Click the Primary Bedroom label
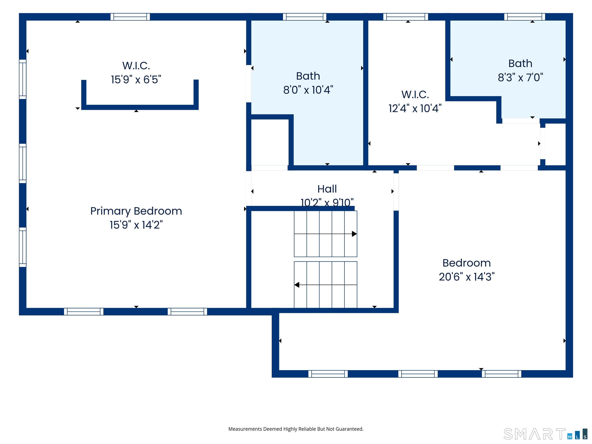(136, 211)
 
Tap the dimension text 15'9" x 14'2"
(136, 225)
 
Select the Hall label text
(327, 189)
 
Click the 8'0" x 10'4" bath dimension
(308, 90)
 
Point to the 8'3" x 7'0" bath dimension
(520, 77)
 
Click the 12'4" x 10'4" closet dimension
(415, 108)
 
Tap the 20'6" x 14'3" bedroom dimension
(467, 277)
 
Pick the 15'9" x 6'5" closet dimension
(136, 79)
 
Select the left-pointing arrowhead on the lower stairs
(297, 285)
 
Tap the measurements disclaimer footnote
(296, 429)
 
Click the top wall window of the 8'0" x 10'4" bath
(304, 17)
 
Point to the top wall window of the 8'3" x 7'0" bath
(525, 17)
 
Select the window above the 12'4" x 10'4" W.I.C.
(405, 17)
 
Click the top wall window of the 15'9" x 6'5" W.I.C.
(130, 17)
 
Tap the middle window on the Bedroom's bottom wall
(418, 374)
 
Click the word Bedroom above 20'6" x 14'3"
(467, 263)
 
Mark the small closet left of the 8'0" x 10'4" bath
(270, 142)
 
